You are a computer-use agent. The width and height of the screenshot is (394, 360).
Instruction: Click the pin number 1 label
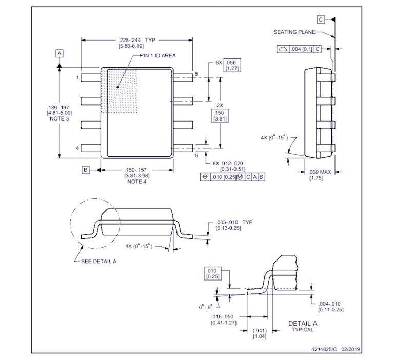[x=77, y=78]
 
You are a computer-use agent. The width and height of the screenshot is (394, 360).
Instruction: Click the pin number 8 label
[x=195, y=75]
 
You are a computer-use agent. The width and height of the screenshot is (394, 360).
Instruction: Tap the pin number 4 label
[x=77, y=148]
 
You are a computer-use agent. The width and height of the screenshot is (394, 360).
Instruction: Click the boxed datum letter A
[x=60, y=53]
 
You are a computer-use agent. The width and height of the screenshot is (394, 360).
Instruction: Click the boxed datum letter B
[x=86, y=170]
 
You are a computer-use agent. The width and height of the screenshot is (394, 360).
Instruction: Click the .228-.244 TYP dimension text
[x=136, y=40]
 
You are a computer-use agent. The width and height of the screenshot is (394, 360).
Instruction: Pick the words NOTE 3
[x=59, y=118]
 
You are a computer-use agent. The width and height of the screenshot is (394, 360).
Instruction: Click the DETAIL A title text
[x=303, y=324]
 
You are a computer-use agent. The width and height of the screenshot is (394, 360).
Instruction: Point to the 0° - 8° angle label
[x=206, y=307]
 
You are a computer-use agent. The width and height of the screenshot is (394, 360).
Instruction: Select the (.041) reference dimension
[x=259, y=330]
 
